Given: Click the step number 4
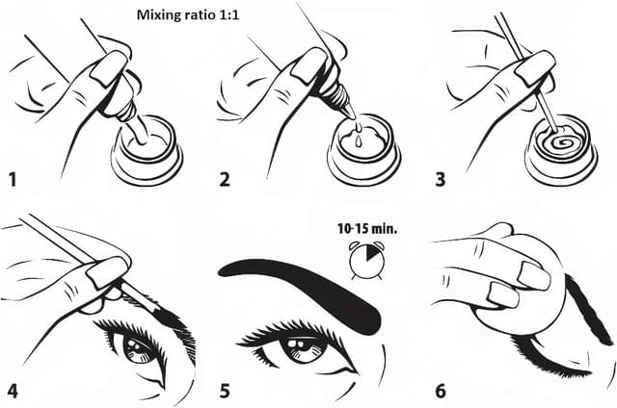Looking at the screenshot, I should coord(12,392).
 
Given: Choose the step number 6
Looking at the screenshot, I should coord(442,392).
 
